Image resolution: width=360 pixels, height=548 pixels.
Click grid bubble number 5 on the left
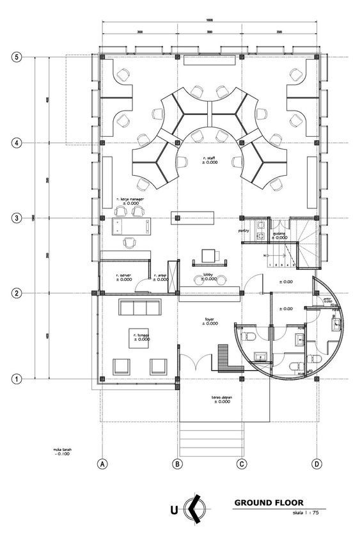click(x=17, y=57)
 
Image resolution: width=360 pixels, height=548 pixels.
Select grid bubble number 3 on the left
click(x=17, y=219)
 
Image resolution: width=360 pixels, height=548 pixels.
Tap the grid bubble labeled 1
click(x=17, y=379)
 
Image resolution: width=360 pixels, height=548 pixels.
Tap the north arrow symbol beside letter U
click(x=194, y=510)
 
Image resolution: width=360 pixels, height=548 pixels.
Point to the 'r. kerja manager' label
click(x=131, y=201)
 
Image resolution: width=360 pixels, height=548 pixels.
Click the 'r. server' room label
click(x=123, y=277)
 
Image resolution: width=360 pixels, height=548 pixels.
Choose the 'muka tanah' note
click(x=62, y=452)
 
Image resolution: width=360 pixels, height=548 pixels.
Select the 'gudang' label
click(x=279, y=235)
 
